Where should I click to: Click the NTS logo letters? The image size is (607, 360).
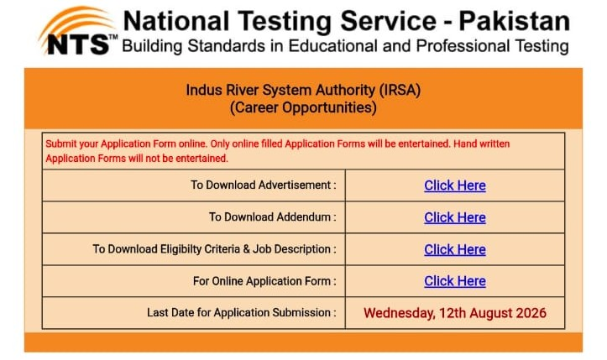[78, 45]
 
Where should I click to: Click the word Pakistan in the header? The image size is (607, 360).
[515, 21]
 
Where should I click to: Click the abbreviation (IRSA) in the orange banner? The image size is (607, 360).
[400, 90]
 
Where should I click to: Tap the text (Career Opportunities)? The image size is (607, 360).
[303, 107]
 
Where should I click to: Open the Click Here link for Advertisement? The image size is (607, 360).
[455, 185]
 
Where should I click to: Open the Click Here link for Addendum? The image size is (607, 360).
[455, 217]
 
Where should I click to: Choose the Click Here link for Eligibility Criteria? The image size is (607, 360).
[455, 250]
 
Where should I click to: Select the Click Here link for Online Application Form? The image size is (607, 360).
[455, 281]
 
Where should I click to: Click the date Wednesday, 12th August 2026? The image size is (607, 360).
[455, 313]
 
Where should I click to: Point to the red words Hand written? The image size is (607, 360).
[482, 143]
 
